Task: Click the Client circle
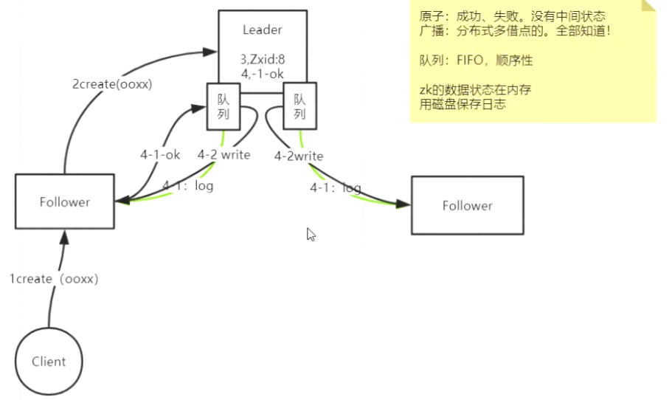point(49,362)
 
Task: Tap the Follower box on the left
point(65,201)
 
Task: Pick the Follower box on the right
point(467,206)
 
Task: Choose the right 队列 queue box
point(300,106)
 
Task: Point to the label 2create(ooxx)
point(112,84)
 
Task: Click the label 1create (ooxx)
point(54,279)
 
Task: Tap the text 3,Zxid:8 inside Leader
point(263,59)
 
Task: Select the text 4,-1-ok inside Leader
point(263,74)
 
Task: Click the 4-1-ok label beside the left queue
point(160,155)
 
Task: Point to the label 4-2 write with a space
point(224,155)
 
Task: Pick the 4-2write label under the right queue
point(299,156)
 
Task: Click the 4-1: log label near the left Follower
point(188,185)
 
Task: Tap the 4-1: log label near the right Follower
point(336,187)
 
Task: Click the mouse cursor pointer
point(311,234)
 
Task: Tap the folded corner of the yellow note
point(648,7)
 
